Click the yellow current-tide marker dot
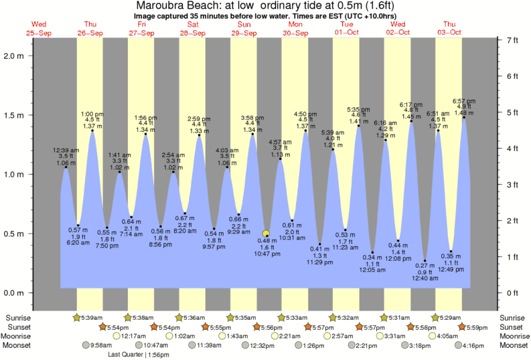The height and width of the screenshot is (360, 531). tap(266, 234)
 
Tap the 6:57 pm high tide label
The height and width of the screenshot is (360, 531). tap(463, 101)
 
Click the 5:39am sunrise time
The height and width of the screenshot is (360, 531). tap(92, 317)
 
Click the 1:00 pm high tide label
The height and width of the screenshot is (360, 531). tap(92, 114)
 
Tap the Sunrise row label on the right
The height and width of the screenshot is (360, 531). tap(512, 317)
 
